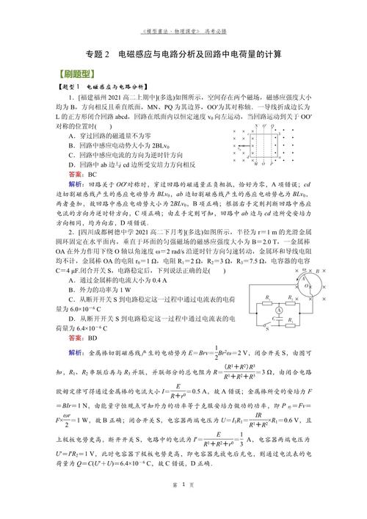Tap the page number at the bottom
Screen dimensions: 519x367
[x=183, y=506]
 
